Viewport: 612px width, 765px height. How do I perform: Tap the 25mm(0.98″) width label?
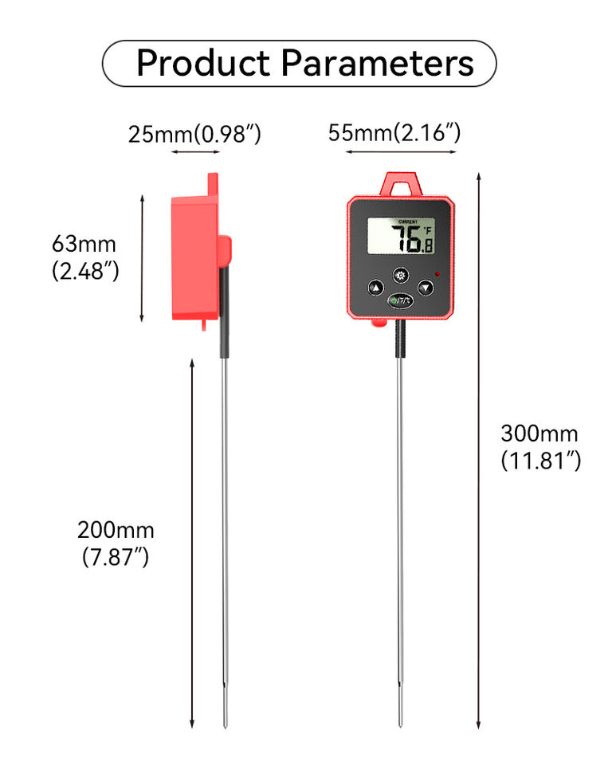tap(194, 134)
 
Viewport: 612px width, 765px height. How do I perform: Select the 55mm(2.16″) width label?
tap(394, 132)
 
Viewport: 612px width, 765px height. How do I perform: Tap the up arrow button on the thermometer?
tap(375, 288)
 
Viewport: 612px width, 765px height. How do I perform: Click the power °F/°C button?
tap(400, 300)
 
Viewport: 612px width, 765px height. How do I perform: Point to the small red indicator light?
tap(438, 275)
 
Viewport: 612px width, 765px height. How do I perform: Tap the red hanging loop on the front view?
tap(400, 184)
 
